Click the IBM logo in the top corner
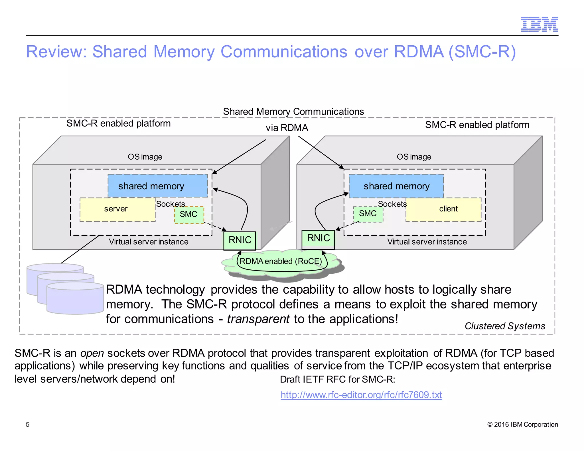[539, 24]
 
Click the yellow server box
[117, 209]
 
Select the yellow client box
[443, 209]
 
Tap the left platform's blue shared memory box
[157, 186]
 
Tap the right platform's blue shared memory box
[396, 186]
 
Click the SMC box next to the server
[189, 215]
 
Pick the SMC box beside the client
[368, 214]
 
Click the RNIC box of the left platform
[240, 240]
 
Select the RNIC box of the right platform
[318, 239]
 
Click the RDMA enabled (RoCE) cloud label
[281, 261]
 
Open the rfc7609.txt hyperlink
[361, 395]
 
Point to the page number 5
[28, 424]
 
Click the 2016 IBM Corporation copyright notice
[522, 424]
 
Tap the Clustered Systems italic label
[504, 326]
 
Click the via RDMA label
[287, 128]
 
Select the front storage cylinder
[75, 299]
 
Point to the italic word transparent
[258, 319]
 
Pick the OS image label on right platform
[414, 157]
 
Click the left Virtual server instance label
[149, 242]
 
